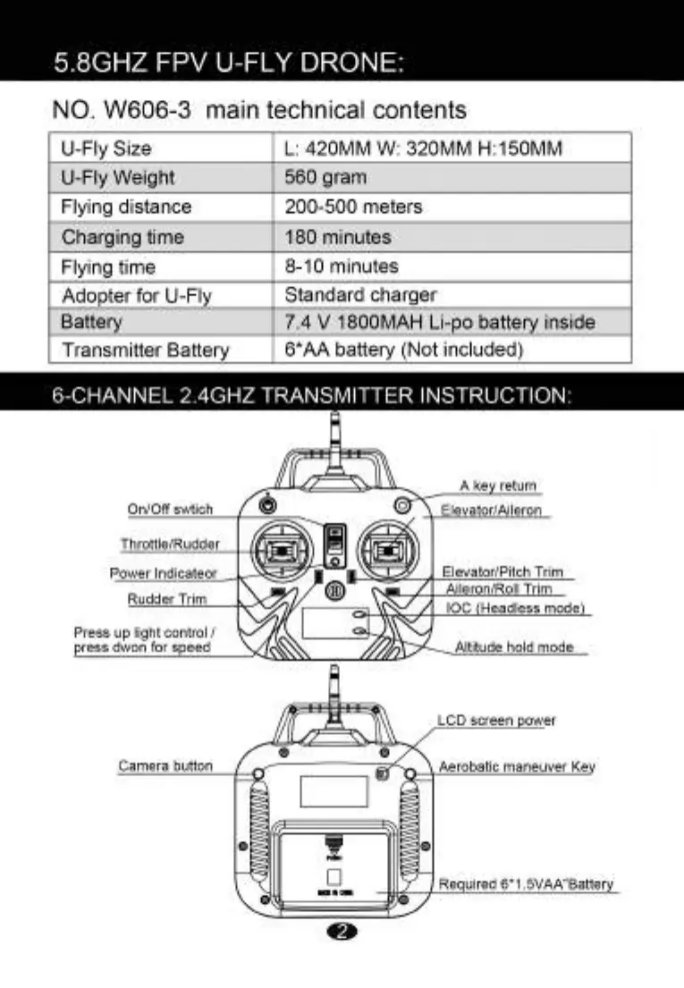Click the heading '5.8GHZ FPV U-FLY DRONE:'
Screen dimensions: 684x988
coord(230,63)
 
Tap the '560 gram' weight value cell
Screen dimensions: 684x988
coord(325,177)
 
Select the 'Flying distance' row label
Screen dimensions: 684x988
coord(126,207)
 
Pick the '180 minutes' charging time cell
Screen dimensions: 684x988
coord(337,237)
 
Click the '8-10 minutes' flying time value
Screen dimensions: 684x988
coord(341,266)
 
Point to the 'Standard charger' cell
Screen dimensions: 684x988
coord(360,294)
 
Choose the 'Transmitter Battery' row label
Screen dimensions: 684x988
coord(145,350)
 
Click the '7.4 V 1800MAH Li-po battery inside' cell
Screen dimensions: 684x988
coord(439,322)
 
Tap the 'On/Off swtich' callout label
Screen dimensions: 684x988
coord(171,510)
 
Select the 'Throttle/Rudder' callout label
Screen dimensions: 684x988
coord(170,544)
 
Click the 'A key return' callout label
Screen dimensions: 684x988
coord(498,486)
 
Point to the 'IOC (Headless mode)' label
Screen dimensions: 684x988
coord(516,608)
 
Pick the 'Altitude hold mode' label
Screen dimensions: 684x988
coord(514,646)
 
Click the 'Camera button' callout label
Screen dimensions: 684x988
coord(165,766)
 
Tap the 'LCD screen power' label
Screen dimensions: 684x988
coord(496,721)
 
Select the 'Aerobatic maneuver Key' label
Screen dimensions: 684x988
coord(517,767)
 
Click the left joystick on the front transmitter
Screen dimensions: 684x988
coord(280,550)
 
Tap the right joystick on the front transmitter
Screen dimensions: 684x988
coord(389,550)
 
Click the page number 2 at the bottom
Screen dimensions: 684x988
coord(344,933)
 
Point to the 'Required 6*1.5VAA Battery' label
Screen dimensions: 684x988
coord(526,884)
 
